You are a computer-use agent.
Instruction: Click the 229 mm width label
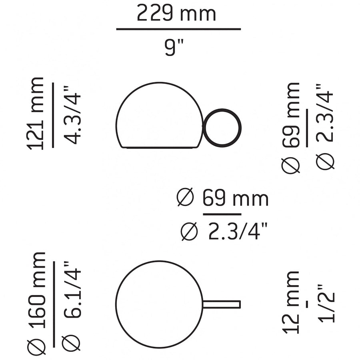click(x=176, y=14)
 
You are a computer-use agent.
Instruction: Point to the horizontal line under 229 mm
click(x=178, y=29)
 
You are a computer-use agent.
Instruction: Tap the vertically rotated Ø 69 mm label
click(x=291, y=127)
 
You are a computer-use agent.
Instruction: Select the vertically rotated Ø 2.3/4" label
click(x=324, y=126)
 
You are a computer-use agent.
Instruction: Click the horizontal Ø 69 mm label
click(x=222, y=198)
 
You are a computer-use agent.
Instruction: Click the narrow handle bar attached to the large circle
click(x=221, y=304)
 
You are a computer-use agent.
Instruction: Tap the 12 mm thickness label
click(x=291, y=302)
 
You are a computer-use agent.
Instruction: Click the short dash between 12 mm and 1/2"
click(x=307, y=304)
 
